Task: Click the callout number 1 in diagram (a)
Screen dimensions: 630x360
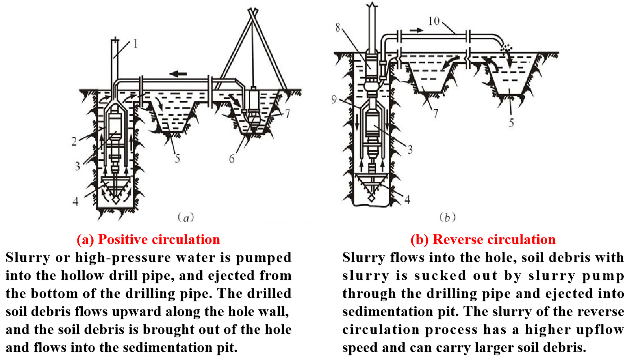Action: [135, 44]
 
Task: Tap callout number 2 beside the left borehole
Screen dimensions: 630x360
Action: [74, 141]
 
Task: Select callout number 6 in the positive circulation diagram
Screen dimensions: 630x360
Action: [232, 159]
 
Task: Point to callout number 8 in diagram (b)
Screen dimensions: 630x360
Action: [338, 27]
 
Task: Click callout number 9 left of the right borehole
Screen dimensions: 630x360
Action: [334, 99]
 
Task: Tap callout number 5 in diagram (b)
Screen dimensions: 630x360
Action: [511, 123]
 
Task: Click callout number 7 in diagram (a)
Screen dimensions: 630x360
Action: [287, 114]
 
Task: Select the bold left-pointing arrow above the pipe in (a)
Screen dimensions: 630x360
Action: [178, 74]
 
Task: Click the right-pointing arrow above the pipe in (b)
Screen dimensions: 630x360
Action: [416, 30]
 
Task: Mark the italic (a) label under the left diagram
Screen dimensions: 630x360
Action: [186, 218]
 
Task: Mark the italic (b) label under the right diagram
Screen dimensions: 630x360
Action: [447, 217]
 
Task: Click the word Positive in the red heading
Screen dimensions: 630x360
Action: [122, 239]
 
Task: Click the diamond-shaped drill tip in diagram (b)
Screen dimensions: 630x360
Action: [372, 198]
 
